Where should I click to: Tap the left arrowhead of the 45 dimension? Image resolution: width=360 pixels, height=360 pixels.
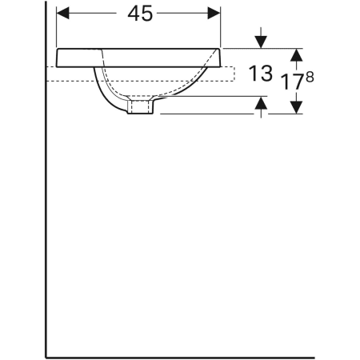pyautogui.click(x=65, y=14)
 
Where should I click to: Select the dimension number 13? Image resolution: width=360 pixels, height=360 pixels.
pyautogui.click(x=262, y=75)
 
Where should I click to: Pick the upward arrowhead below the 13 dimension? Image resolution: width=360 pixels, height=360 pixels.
pyautogui.click(x=260, y=105)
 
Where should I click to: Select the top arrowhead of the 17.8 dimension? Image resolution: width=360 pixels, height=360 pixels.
pyautogui.click(x=296, y=54)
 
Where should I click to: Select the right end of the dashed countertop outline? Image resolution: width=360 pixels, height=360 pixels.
pyautogui.click(x=234, y=74)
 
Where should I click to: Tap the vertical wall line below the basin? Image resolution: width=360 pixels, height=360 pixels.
pyautogui.click(x=46, y=224)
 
